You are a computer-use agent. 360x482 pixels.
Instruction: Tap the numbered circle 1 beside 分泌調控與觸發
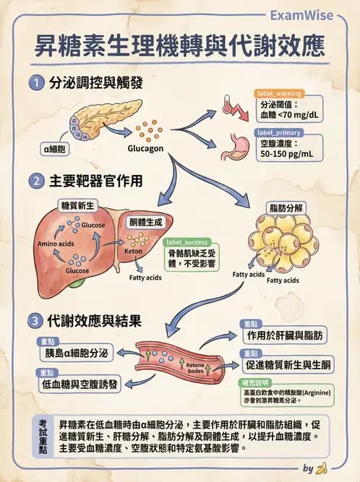(x=36, y=83)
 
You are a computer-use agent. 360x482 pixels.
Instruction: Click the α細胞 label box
(x=55, y=150)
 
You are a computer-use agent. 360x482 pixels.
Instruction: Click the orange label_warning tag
(x=279, y=94)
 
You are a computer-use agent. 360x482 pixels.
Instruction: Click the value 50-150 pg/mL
(x=286, y=154)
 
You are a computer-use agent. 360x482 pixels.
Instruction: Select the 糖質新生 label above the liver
(x=77, y=206)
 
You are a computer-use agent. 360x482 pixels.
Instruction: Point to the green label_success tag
(x=187, y=242)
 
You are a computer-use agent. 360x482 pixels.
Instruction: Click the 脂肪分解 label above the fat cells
(x=285, y=207)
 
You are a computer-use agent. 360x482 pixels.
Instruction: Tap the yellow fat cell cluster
(x=282, y=242)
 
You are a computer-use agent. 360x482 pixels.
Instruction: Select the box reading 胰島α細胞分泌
(x=77, y=353)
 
